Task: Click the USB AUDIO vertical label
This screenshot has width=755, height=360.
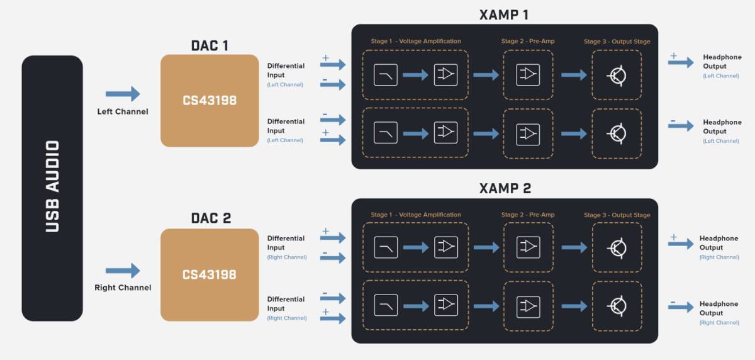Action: pos(52,186)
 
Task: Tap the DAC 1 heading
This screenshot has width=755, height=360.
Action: pos(210,46)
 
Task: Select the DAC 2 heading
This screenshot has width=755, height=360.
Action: pos(211,218)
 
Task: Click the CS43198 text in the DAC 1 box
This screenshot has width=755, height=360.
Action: pos(210,101)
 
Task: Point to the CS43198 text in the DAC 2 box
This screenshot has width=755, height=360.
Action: pos(210,274)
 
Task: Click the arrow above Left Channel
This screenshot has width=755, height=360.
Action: pos(123,94)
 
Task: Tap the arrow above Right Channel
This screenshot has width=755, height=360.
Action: pos(123,271)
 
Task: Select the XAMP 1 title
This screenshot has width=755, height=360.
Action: pos(504,15)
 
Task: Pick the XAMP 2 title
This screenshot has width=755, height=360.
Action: pos(505,188)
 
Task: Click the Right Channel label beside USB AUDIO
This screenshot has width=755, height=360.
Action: pos(123,288)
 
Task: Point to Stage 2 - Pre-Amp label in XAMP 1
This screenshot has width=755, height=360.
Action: pos(528,41)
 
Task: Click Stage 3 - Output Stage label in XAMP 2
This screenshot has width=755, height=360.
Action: pos(617,215)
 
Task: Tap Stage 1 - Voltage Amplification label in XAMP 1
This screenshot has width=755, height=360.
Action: pos(416,41)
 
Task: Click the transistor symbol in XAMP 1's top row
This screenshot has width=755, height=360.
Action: pos(617,76)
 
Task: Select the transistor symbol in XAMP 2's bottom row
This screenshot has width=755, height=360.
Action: pos(617,307)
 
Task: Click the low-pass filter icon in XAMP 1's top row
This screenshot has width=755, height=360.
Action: pos(386,74)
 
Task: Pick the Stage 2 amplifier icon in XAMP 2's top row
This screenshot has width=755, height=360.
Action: pos(528,247)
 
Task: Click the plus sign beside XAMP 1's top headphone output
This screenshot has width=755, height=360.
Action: pos(673,56)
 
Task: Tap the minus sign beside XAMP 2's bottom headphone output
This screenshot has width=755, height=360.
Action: pos(673,302)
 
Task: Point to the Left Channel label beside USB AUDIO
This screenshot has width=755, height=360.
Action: pos(123,111)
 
